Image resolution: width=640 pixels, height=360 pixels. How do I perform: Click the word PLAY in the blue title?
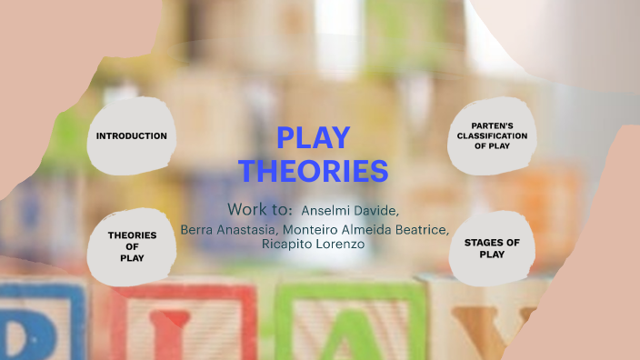pos(313,138)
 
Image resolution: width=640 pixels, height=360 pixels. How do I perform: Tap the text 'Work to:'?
pos(259,208)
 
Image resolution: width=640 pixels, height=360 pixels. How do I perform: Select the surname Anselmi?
pos(328,210)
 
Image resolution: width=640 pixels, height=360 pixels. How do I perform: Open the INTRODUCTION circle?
pos(132,136)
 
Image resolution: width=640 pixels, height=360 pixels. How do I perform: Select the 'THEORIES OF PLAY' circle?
pos(132,246)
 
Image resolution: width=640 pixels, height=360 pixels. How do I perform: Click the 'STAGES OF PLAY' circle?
pos(492,248)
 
